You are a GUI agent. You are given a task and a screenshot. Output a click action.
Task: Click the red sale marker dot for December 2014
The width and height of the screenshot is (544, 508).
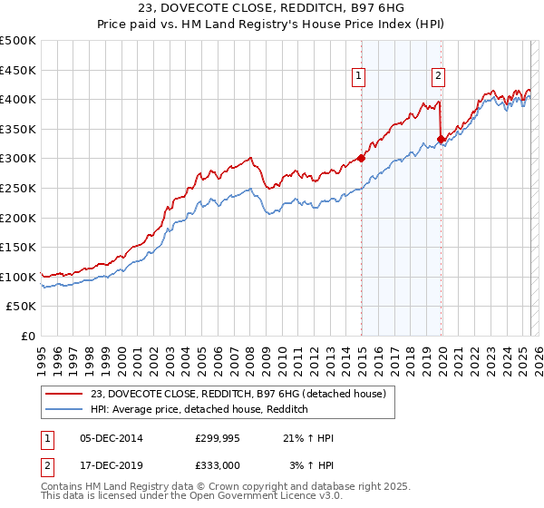(361, 158)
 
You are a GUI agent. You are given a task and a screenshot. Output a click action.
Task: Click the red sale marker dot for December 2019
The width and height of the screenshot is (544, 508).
(442, 139)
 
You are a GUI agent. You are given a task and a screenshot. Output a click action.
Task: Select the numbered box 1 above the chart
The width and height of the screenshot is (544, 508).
(360, 76)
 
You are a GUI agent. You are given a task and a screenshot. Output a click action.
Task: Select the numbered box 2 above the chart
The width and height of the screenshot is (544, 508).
(438, 76)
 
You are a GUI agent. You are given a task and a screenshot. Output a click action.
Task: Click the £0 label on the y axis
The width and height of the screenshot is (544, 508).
(29, 336)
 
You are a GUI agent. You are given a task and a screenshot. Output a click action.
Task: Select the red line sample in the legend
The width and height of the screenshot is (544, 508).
(63, 394)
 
